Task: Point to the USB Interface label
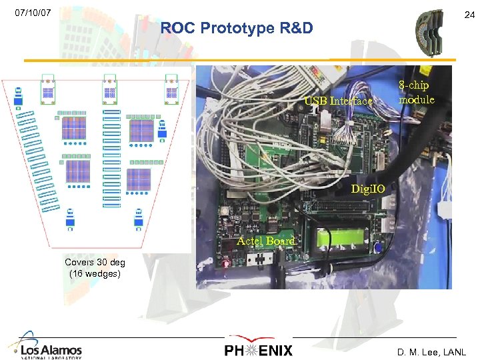pos(338,101)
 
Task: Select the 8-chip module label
pos(416,93)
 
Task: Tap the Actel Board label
pos(266,241)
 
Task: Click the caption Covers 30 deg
pos(94,262)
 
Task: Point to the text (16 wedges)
pos(94,273)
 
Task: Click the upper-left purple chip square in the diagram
pos(74,127)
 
